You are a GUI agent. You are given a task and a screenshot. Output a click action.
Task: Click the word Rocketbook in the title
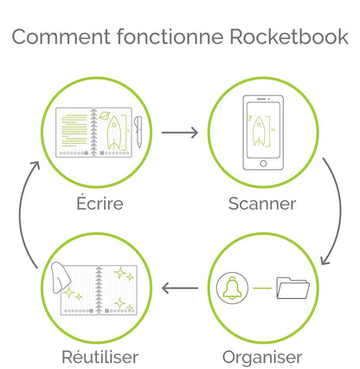pyautogui.click(x=289, y=36)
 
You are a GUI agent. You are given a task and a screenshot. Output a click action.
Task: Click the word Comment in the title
pyautogui.click(x=61, y=37)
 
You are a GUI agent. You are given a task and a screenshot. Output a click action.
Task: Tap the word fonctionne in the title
pyautogui.click(x=170, y=36)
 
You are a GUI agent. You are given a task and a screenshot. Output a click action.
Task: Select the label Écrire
pyautogui.click(x=100, y=203)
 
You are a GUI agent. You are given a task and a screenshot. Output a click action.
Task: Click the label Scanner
pyautogui.click(x=262, y=204)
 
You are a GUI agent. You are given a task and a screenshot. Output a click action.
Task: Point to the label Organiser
pyautogui.click(x=262, y=358)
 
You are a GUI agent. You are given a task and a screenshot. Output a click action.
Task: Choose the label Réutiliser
pyautogui.click(x=100, y=356)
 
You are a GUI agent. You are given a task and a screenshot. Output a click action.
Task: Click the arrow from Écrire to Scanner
pyautogui.click(x=180, y=133)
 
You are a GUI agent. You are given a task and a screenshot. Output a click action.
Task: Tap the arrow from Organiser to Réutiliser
pyautogui.click(x=180, y=288)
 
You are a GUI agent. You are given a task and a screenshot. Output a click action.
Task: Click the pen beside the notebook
pyautogui.click(x=138, y=132)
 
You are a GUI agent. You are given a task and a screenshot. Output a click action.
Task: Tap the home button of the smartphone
pyautogui.click(x=263, y=164)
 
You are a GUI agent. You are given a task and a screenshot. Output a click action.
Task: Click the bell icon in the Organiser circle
pyautogui.click(x=232, y=288)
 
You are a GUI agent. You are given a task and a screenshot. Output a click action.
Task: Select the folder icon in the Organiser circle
pyautogui.click(x=292, y=288)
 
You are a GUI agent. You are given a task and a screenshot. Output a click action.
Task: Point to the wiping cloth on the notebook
pyautogui.click(x=61, y=277)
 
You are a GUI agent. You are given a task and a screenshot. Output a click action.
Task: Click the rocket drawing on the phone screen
pyautogui.click(x=258, y=131)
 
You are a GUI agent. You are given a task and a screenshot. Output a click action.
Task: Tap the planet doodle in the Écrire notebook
pyautogui.click(x=104, y=116)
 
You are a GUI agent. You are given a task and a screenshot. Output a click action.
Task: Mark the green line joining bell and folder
pyautogui.click(x=262, y=288)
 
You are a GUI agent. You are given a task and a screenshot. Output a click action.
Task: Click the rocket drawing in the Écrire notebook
pyautogui.click(x=114, y=133)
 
